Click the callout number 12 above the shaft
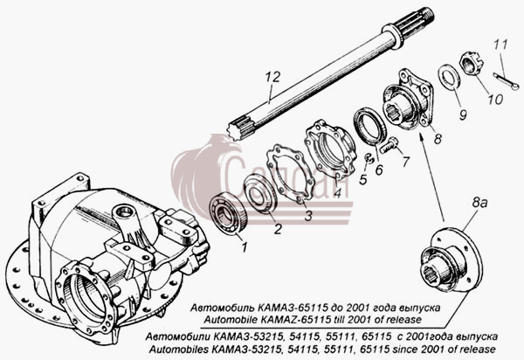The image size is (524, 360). tap(272, 78)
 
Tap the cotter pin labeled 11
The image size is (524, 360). tap(506, 82)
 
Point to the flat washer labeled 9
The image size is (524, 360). tap(449, 78)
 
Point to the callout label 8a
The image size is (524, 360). tap(479, 203)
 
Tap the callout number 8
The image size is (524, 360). tap(438, 138)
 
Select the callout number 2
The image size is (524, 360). tap(278, 229)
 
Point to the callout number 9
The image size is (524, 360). tap(463, 115)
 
